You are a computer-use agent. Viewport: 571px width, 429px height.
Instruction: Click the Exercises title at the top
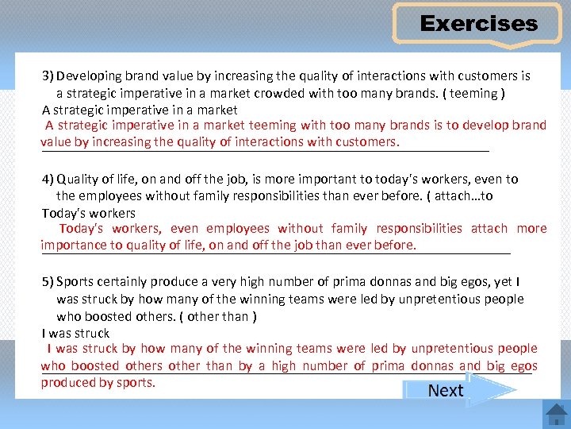pyautogui.click(x=478, y=24)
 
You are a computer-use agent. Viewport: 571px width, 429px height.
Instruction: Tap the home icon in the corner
pyautogui.click(x=555, y=415)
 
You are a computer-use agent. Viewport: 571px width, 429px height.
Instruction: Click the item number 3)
pyautogui.click(x=48, y=76)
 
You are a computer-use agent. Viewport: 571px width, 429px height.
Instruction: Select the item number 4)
pyautogui.click(x=48, y=179)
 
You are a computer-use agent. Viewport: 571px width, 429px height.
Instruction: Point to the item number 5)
pyautogui.click(x=48, y=282)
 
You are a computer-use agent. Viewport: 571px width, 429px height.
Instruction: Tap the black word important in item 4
pyautogui.click(x=294, y=179)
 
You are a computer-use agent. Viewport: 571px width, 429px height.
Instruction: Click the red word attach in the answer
pyautogui.click(x=489, y=228)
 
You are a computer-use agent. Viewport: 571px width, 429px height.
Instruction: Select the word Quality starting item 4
pyautogui.click(x=79, y=179)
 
